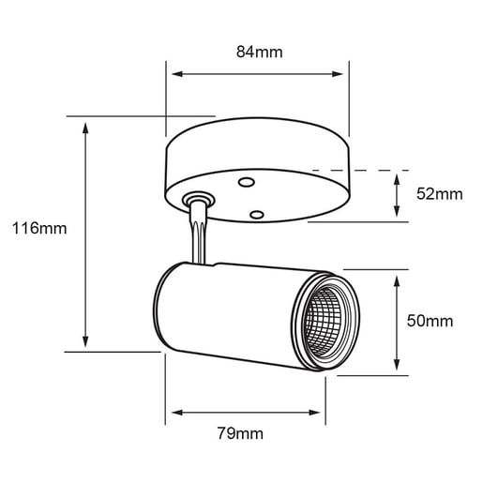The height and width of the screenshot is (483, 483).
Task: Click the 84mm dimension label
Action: [x=259, y=53]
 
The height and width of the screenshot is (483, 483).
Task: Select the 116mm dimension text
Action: [x=34, y=228]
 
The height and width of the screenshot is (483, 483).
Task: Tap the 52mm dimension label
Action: [x=439, y=194]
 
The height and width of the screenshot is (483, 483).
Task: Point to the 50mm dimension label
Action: [x=430, y=321]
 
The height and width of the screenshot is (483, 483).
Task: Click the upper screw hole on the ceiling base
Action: [x=247, y=181]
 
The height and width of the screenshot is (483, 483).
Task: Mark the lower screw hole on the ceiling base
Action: [x=254, y=214]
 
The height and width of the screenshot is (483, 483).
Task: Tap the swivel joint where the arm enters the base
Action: [x=198, y=200]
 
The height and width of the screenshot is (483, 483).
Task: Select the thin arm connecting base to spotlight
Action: [x=198, y=239]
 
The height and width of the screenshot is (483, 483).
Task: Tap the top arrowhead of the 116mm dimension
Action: [x=86, y=125]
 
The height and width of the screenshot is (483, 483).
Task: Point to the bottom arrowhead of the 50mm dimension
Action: [x=400, y=368]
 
